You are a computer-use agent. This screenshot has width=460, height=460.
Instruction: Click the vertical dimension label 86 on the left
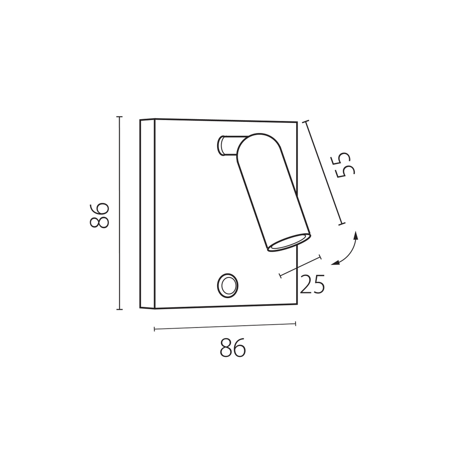tap(99, 215)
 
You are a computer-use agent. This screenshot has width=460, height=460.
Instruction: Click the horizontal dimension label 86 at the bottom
tap(232, 348)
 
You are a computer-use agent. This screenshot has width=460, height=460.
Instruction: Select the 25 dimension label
tap(312, 284)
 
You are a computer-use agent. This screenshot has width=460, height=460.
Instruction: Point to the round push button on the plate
tap(227, 285)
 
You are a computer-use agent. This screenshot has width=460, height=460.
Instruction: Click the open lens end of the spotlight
tap(288, 243)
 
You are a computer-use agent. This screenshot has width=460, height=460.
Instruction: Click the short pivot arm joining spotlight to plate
tap(228, 145)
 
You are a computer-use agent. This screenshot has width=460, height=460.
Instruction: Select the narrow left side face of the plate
tap(147, 214)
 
